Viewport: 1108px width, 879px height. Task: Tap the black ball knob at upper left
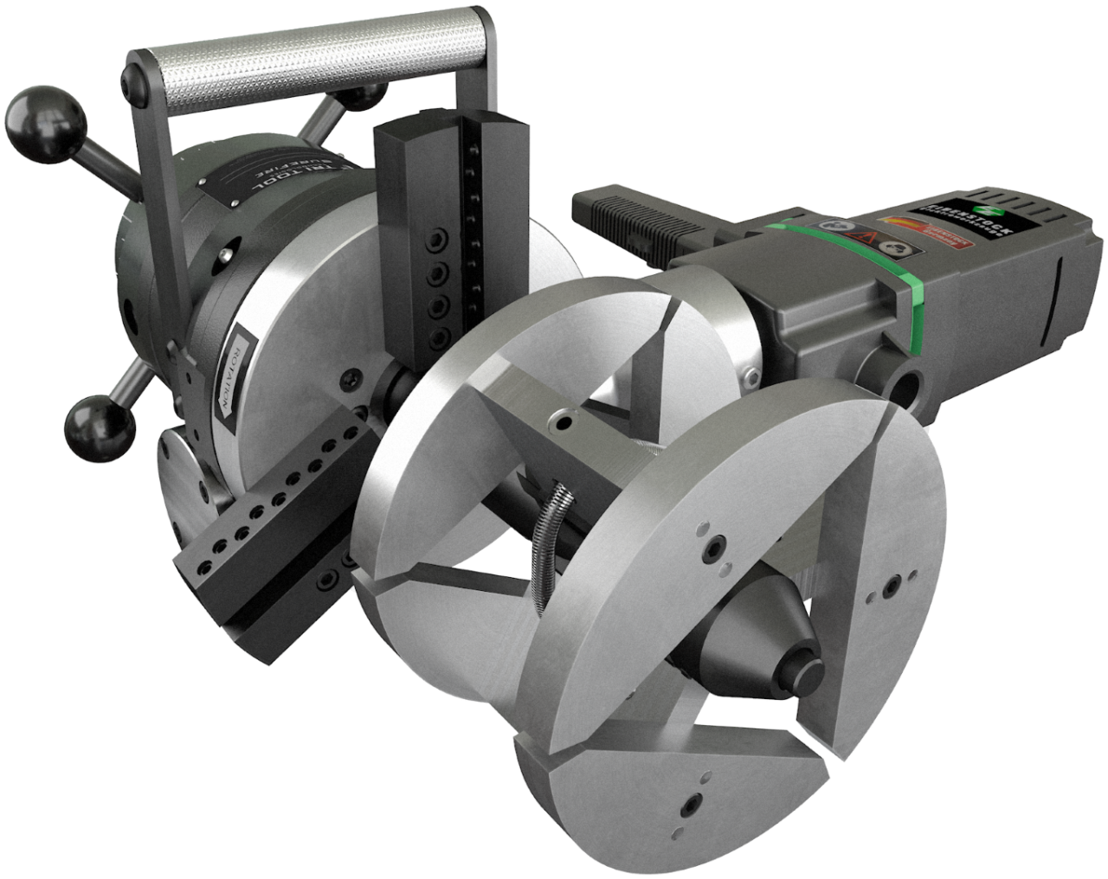(43, 121)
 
